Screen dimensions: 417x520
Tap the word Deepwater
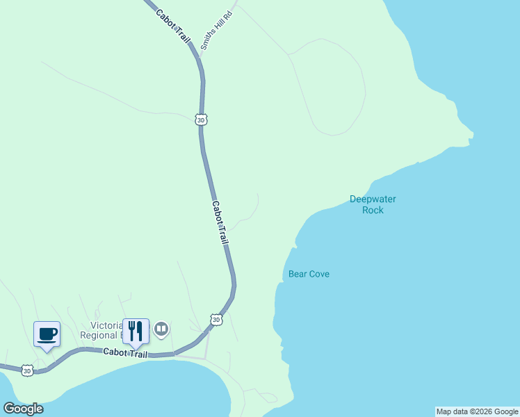373,199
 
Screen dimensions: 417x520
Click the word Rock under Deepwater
373,210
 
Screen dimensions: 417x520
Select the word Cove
319,274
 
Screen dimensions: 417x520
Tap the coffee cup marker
47,334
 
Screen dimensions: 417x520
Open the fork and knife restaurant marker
136,331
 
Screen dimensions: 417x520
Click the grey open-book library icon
161,328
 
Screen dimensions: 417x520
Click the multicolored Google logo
23,409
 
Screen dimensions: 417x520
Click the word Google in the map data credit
506,411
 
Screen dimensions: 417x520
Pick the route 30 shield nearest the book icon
216,320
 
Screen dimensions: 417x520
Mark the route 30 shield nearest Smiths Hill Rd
202,120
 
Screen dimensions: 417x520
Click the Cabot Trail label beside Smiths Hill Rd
172,25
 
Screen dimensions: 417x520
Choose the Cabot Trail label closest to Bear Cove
220,222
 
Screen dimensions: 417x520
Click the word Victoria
106,325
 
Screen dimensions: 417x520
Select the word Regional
101,336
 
